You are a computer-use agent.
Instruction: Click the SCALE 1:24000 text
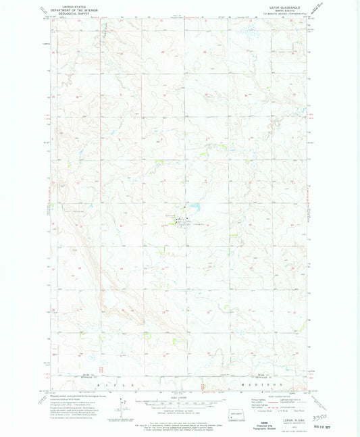coord(179,396)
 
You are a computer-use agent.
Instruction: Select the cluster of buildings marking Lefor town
coord(179,220)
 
